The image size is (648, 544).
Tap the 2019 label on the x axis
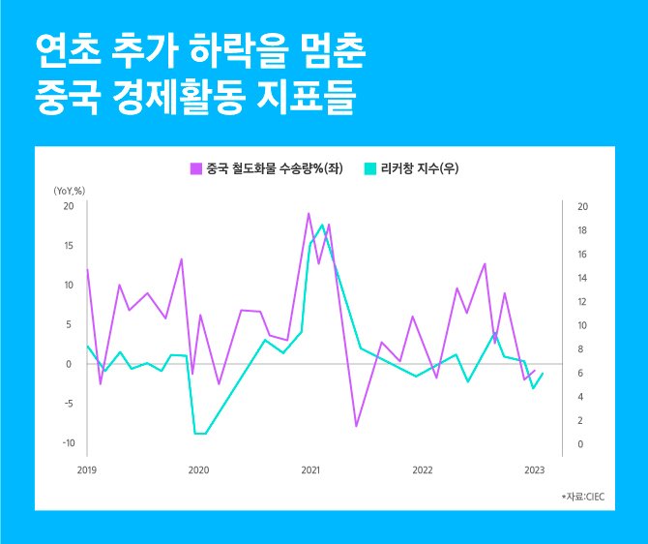coord(88,470)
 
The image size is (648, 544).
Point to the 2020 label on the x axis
coord(198,470)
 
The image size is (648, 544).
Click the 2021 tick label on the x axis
coord(310,470)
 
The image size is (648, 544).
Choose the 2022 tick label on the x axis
coord(422,470)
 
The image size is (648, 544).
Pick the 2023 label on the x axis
coord(534,470)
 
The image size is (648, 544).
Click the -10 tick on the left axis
coord(68,443)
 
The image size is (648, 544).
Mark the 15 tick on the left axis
coord(69,246)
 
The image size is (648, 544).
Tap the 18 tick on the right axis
coord(581,230)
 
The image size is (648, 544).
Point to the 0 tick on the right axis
coord(578,444)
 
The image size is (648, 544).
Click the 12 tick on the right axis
coord(581,302)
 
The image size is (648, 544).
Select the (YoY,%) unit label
coord(70,191)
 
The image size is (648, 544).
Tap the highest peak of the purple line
coord(309,213)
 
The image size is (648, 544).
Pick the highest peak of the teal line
coord(322,225)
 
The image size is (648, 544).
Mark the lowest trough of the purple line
coord(356,426)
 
